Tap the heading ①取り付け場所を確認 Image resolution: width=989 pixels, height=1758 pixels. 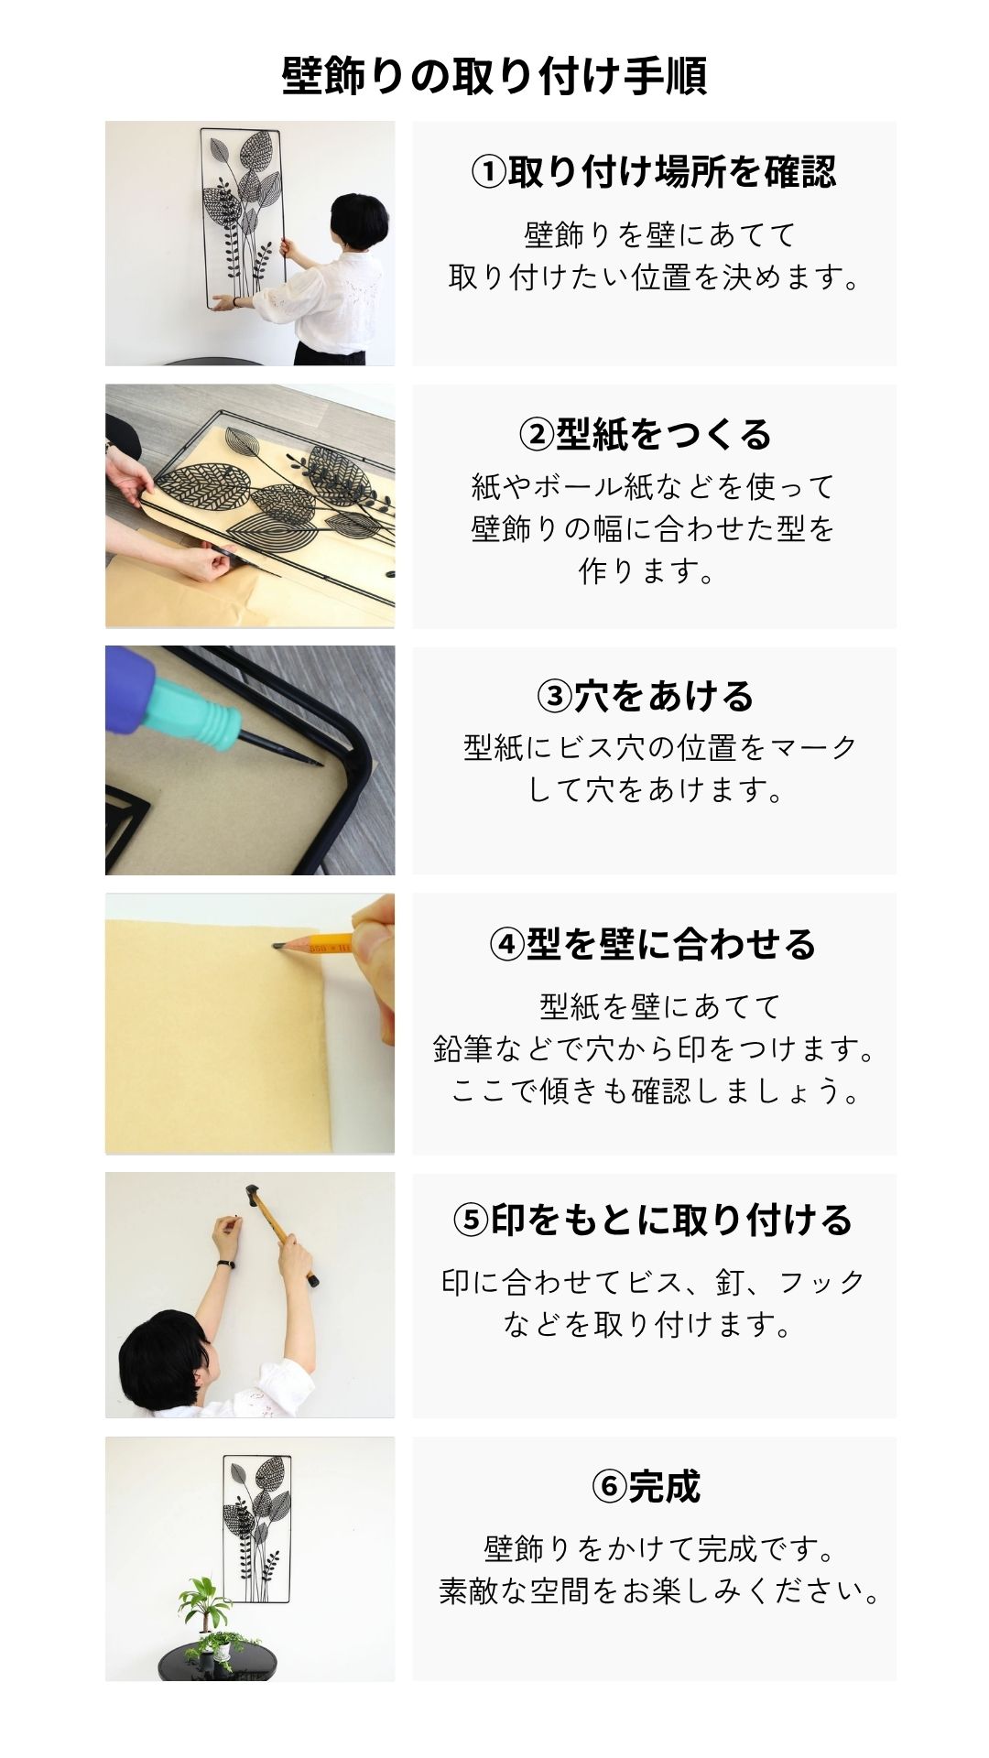point(653,171)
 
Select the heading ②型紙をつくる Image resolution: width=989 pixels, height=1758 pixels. point(646,434)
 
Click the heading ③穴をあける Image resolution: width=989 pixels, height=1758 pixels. point(646,696)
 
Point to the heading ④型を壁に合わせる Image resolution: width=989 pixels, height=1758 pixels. point(653,944)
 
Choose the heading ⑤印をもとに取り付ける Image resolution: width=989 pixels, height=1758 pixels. point(653,1220)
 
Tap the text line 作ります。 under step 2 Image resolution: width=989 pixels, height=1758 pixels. point(646,571)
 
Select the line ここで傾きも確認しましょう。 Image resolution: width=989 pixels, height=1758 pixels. point(656,1091)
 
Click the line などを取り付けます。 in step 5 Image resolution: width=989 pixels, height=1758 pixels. point(647,1324)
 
